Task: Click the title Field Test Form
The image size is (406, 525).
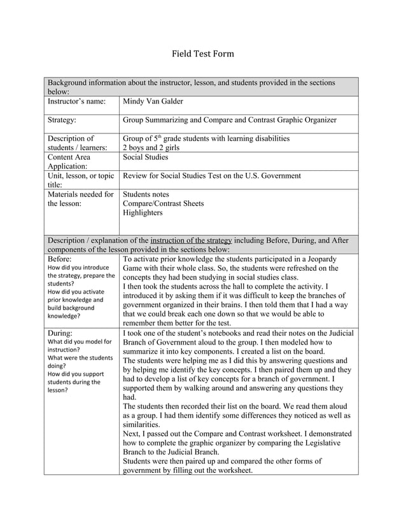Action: coord(203,54)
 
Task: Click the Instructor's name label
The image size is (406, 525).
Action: coord(76,102)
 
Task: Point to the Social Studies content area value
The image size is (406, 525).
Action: coord(145,157)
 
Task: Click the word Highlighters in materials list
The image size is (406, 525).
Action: coord(143,213)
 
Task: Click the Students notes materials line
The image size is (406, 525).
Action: coord(146,194)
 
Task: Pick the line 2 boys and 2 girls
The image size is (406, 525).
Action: coord(151,147)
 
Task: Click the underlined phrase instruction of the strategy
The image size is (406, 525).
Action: coord(191,241)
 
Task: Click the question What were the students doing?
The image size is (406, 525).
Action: coord(80,362)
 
